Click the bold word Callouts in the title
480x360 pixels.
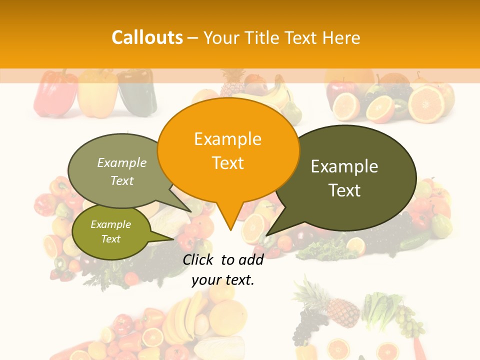click(147, 37)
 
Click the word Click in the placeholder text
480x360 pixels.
click(199, 259)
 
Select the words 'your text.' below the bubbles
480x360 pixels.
click(223, 280)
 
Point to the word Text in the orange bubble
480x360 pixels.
click(228, 163)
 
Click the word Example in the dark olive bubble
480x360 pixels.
click(344, 166)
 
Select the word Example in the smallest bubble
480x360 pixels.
click(110, 224)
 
